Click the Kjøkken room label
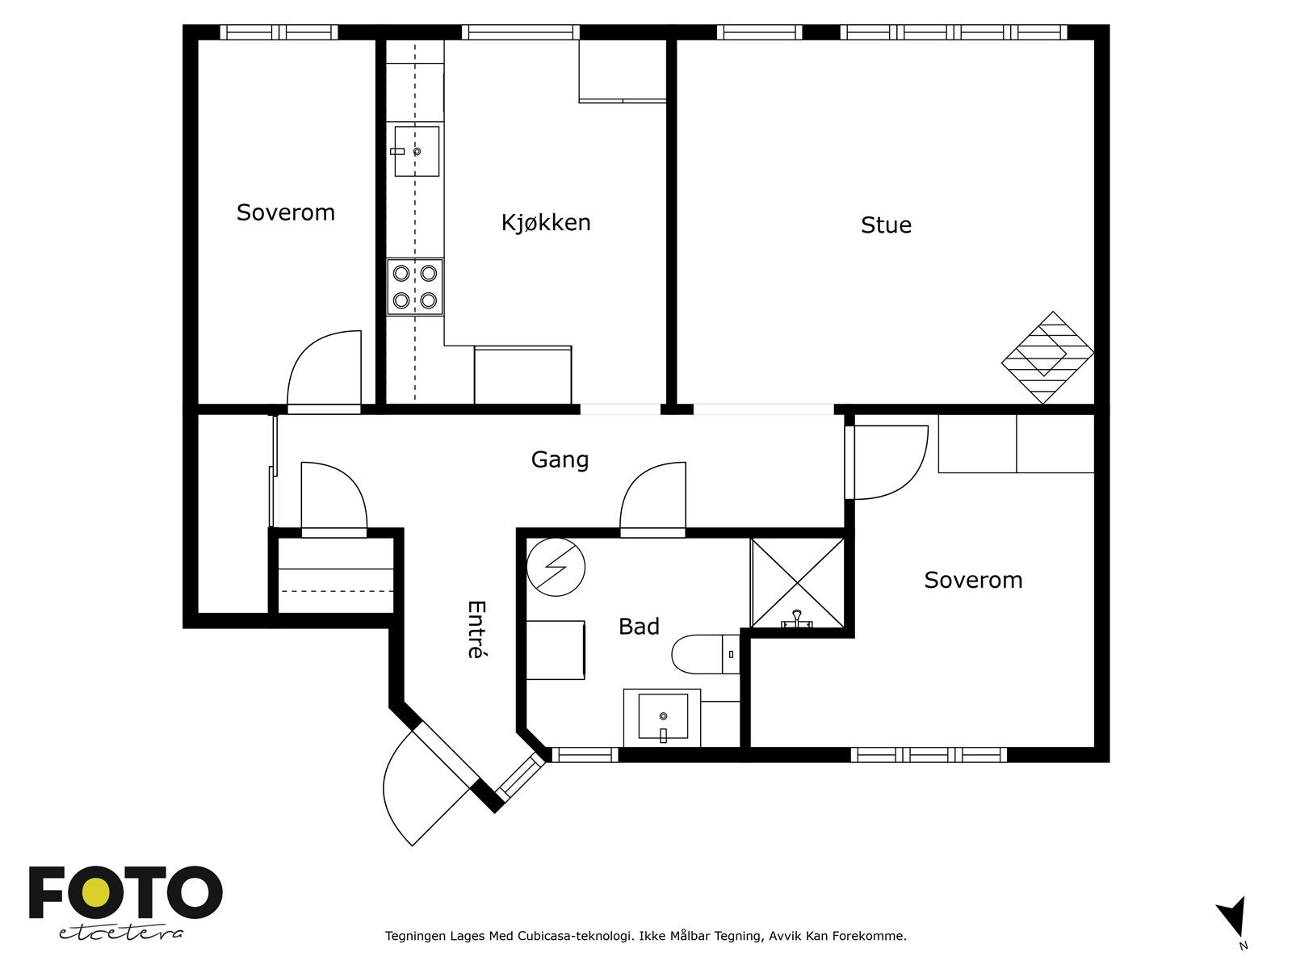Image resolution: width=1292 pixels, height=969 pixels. (546, 222)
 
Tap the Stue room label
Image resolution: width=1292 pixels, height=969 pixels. (886, 224)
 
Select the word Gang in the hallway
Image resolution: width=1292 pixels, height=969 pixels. (560, 460)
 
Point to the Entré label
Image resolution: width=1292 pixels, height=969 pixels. (476, 629)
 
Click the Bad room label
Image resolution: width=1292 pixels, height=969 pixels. (639, 627)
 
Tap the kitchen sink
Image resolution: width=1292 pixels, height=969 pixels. (416, 151)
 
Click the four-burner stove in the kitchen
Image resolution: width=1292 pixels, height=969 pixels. (415, 287)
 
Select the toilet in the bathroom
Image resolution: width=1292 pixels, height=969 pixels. (705, 654)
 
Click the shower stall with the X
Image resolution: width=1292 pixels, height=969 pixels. (798, 582)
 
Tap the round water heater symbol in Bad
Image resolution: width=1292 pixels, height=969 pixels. (556, 567)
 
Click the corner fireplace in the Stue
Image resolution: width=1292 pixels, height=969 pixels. (1047, 358)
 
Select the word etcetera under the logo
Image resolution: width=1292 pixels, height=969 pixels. (120, 933)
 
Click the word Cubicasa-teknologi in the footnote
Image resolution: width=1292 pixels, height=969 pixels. (574, 936)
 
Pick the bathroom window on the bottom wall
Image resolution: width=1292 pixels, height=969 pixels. (585, 755)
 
